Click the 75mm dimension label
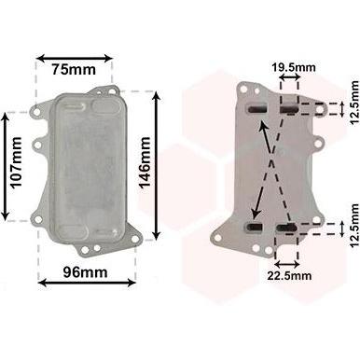74,69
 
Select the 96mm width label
86,272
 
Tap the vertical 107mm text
16,162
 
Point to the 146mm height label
145,163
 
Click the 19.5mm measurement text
294,67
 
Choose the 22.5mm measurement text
289,275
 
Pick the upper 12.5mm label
354,103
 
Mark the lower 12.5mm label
354,226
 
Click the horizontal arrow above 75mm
74,58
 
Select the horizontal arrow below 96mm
87,283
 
